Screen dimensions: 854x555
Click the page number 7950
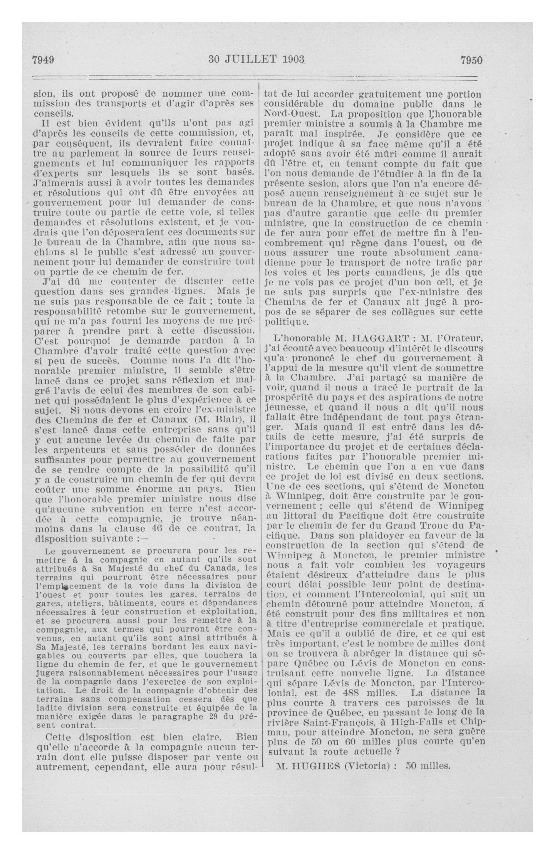point(471,60)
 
